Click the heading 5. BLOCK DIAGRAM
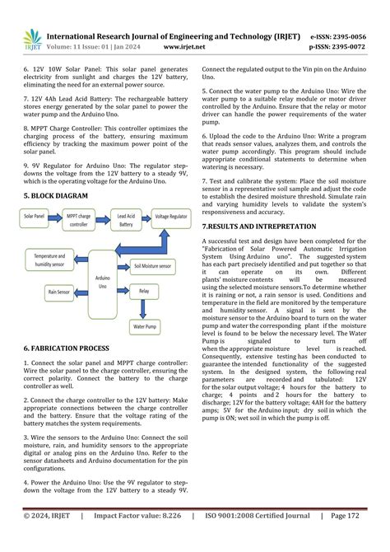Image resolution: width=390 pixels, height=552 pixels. pyautogui.click(x=55, y=195)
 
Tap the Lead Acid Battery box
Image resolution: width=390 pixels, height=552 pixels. pyautogui.click(x=126, y=218)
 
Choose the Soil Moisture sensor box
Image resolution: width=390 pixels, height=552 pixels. pyautogui.click(x=153, y=266)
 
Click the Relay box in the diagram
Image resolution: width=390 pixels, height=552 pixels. pyautogui.click(x=144, y=291)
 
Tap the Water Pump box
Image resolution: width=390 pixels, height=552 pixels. pyautogui.click(x=145, y=327)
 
